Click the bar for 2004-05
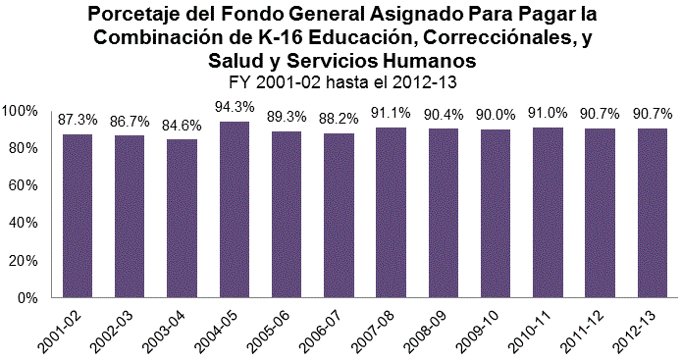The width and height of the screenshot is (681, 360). pyautogui.click(x=234, y=209)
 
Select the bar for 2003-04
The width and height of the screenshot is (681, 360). pyautogui.click(x=182, y=218)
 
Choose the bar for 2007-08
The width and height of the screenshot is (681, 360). pyautogui.click(x=392, y=212)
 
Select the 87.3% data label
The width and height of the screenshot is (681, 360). pyautogui.click(x=78, y=119)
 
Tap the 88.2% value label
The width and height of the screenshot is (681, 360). pyautogui.click(x=339, y=118)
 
